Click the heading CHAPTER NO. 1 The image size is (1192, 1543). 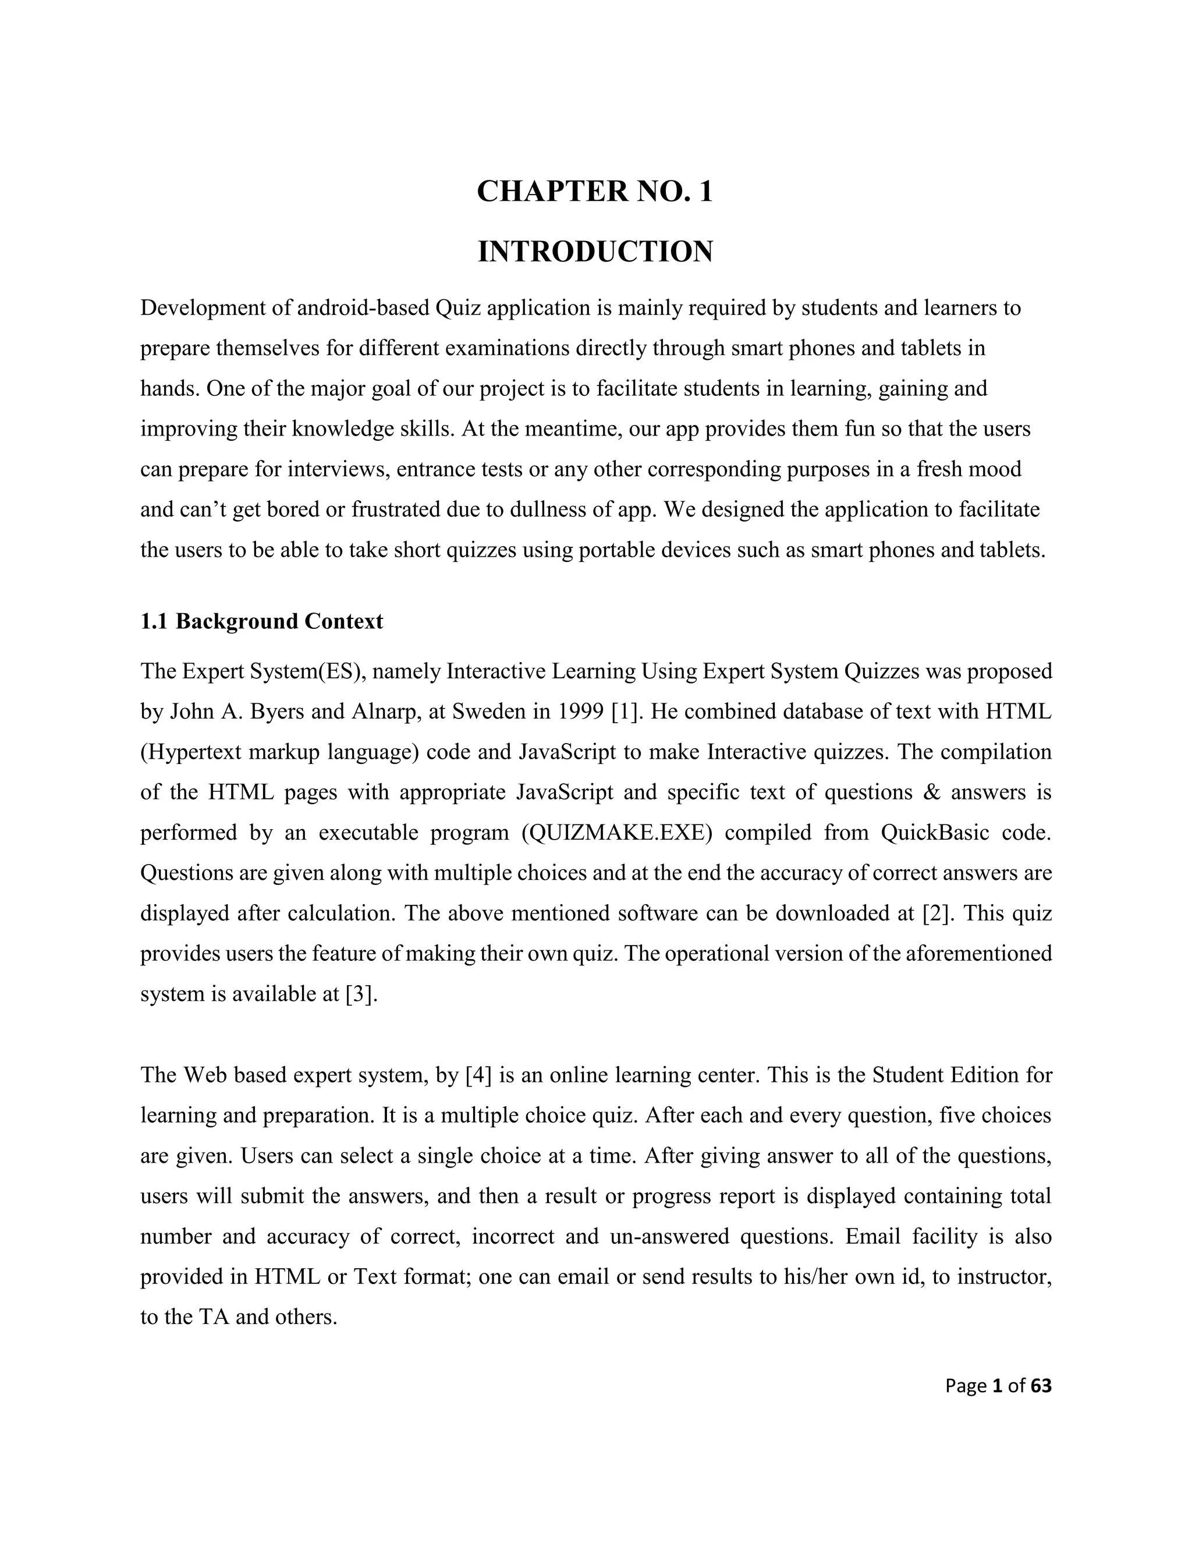pos(595,192)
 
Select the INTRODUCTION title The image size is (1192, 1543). pos(595,252)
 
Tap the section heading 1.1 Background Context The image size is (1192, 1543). pos(261,621)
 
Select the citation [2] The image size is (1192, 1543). pos(938,913)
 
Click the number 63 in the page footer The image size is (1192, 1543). pos(1041,1406)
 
